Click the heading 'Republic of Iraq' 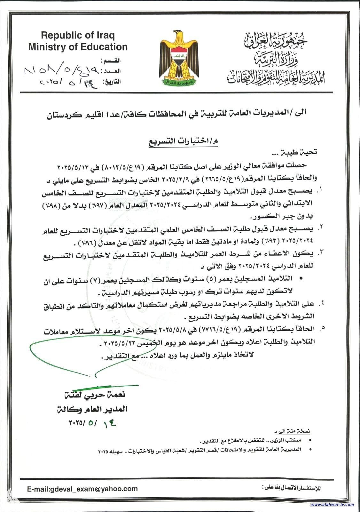[78, 35]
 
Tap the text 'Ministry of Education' [78, 47]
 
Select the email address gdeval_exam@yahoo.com [82, 489]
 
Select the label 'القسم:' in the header [111, 60]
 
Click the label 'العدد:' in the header [111, 71]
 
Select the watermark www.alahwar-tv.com [333, 505]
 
